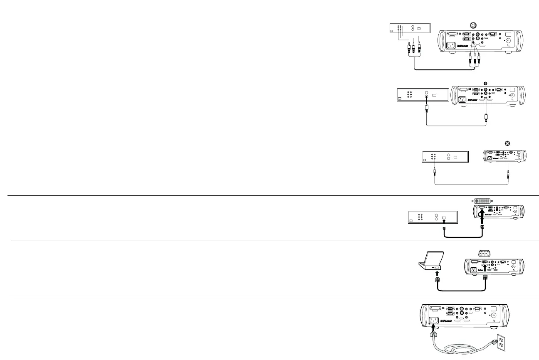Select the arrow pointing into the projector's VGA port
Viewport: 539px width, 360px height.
point(485,267)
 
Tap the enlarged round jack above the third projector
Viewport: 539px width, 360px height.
point(507,143)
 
